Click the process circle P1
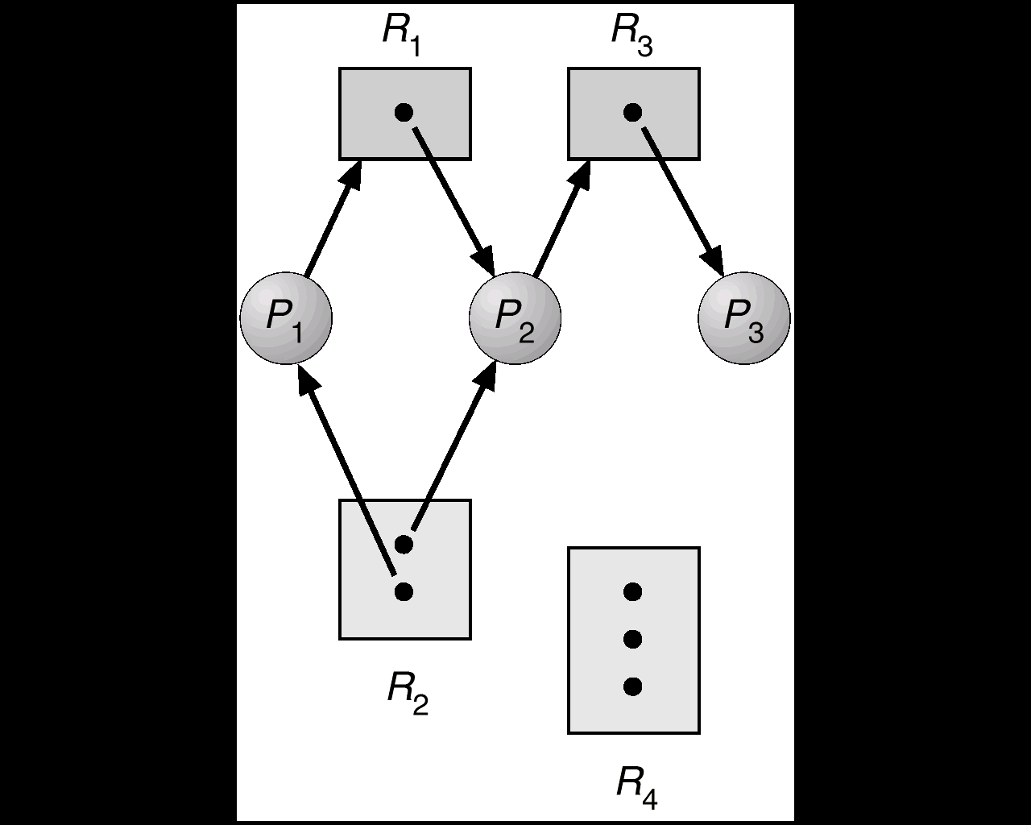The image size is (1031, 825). tap(286, 318)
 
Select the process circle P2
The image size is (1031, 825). tap(515, 318)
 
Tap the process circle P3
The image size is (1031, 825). tap(743, 318)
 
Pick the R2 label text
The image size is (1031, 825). tap(407, 691)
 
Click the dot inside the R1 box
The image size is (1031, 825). tap(404, 112)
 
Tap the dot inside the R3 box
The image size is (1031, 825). tap(633, 112)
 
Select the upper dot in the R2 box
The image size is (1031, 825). tap(404, 545)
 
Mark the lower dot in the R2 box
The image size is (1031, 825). tap(404, 592)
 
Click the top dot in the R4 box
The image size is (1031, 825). tap(633, 592)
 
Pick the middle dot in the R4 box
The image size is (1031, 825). tap(633, 640)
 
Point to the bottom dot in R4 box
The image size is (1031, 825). tap(633, 686)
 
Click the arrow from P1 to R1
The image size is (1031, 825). tap(333, 218)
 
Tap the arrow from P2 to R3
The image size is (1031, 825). tap(561, 218)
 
